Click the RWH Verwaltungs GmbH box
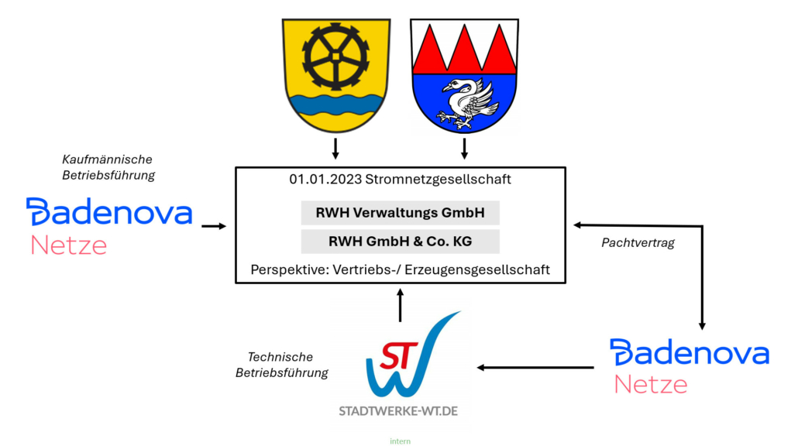click(400, 213)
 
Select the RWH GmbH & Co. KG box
click(400, 242)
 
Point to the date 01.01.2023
click(319, 180)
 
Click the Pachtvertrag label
click(638, 242)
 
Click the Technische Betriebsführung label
click(281, 365)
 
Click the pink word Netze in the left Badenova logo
click(68, 246)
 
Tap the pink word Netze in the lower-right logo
click(651, 384)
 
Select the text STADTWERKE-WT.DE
click(398, 410)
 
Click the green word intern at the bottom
click(400, 441)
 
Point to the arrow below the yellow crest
click(335, 147)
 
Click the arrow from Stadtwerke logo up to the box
click(400, 305)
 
